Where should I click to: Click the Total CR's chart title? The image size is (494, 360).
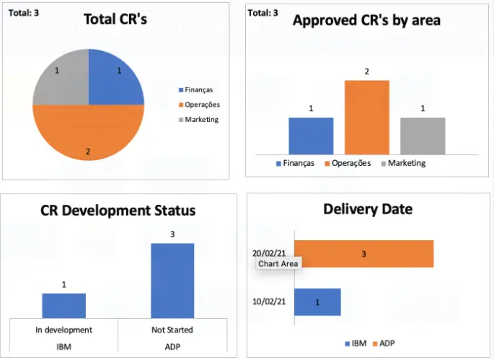tap(115, 19)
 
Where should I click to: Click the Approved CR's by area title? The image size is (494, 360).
tap(366, 21)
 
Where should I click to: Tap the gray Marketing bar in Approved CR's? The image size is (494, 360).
tap(423, 136)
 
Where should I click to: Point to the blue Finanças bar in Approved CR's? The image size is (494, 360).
tap(311, 136)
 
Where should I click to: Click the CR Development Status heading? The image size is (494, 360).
tap(118, 211)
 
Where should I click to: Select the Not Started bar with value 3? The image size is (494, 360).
tap(172, 281)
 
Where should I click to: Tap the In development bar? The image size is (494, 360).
tap(63, 305)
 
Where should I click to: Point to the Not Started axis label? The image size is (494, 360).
tap(172, 330)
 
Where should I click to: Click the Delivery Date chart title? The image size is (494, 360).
tap(368, 209)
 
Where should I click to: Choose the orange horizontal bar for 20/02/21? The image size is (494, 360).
tap(363, 254)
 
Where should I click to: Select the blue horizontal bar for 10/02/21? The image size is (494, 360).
tap(317, 302)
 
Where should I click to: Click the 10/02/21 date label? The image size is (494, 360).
tap(271, 302)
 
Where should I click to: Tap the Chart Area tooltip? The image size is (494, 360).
tap(278, 263)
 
